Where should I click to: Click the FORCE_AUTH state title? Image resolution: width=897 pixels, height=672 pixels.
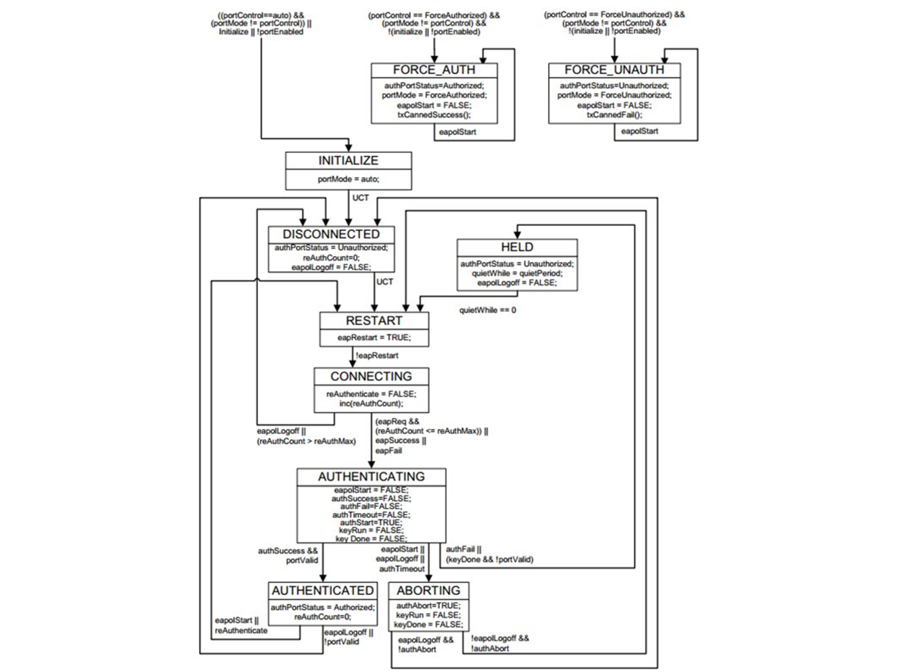tap(434, 70)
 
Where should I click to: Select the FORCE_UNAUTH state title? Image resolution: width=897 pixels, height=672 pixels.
tap(614, 70)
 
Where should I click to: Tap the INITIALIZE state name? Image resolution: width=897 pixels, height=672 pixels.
tap(348, 161)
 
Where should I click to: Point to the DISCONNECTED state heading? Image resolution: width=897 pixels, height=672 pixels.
tap(331, 234)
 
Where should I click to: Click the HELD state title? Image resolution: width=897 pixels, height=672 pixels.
tap(517, 247)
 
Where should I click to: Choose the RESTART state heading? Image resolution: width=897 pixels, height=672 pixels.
tap(374, 321)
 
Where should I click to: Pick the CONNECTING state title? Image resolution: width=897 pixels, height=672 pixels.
tap(371, 376)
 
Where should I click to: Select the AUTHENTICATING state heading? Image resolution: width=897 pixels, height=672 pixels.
tap(371, 477)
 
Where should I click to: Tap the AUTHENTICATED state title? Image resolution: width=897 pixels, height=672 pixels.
tap(323, 591)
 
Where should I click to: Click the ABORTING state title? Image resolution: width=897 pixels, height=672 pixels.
tap(429, 591)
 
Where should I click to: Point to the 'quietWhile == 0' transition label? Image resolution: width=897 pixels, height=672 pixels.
tap(487, 310)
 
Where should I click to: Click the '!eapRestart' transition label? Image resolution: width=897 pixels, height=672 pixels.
tap(377, 355)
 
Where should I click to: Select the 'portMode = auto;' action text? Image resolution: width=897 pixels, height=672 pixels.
tap(348, 179)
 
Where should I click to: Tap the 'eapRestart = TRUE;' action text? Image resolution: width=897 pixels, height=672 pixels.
tap(374, 337)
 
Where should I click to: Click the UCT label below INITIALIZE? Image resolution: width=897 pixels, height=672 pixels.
tap(361, 198)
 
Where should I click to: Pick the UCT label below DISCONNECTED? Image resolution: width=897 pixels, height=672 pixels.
tap(385, 281)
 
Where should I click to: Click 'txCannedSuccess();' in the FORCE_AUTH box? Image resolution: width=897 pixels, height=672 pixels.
tap(434, 115)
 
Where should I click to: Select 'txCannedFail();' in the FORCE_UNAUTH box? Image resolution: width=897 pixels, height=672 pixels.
tap(614, 115)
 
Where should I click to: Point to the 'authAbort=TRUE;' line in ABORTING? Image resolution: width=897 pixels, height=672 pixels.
tap(428, 606)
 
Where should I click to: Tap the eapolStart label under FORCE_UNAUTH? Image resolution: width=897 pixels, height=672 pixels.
tap(639, 131)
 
